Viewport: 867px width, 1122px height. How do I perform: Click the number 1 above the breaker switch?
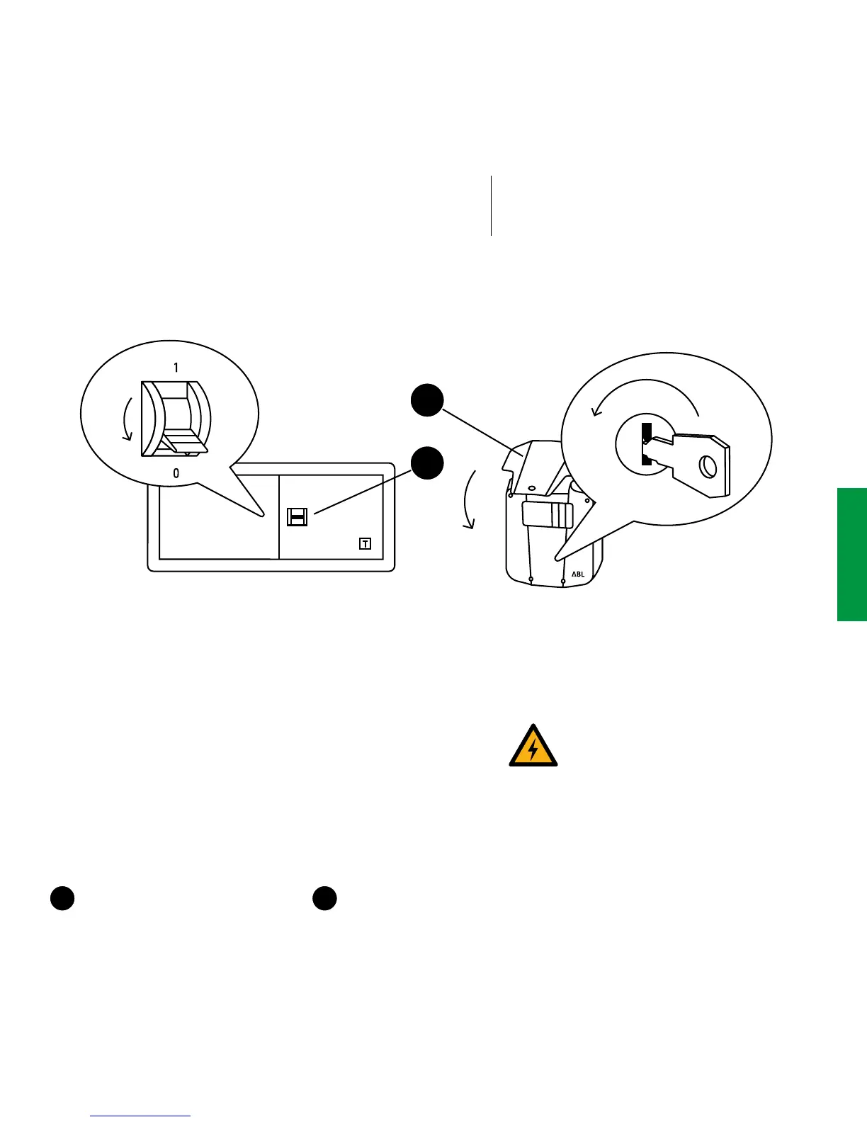pos(176,368)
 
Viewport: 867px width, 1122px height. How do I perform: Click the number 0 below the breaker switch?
pos(176,473)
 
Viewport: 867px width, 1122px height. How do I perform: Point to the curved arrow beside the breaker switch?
pos(126,419)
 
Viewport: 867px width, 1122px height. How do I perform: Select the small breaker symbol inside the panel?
pos(297,517)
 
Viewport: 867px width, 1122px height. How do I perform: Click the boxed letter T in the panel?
pos(365,544)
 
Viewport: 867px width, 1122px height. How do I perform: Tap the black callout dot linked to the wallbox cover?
pos(427,400)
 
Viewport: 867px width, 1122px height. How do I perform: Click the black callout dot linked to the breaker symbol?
pos(427,463)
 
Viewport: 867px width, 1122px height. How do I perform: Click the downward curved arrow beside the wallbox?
pos(468,499)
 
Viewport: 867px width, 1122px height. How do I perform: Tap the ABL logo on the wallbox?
pos(578,574)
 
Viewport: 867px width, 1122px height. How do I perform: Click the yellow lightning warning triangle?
pos(533,747)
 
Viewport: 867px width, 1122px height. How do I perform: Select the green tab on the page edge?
pos(852,554)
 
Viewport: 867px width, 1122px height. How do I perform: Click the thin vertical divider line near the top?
pos(491,205)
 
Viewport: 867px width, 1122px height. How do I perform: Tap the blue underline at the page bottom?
pos(141,1116)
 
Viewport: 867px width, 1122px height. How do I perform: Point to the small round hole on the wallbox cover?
pos(532,487)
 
